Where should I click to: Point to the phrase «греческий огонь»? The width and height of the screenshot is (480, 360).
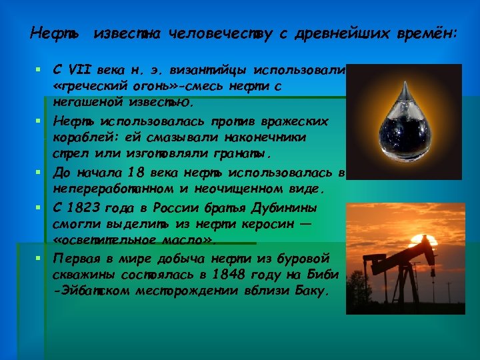tap(116, 87)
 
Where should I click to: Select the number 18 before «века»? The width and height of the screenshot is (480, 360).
tap(135, 173)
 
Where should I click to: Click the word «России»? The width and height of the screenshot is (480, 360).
tap(189, 207)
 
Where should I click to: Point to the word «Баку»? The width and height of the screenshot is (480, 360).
tap(311, 291)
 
